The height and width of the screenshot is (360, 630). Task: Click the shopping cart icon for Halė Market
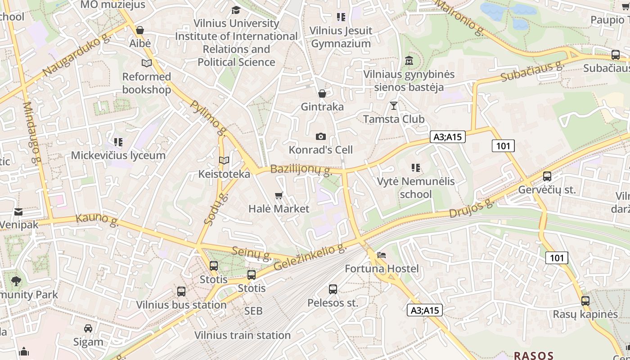[279, 195]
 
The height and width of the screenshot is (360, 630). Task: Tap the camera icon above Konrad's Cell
[321, 136]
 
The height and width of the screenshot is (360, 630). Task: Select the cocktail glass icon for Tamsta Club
[394, 106]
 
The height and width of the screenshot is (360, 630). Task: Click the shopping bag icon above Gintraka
[322, 94]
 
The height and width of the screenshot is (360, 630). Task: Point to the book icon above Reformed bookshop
[147, 63]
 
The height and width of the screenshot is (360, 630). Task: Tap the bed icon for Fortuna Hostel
[382, 255]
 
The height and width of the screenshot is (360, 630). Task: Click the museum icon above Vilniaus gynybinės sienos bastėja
[409, 61]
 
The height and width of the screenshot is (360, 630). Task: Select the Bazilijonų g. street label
[301, 170]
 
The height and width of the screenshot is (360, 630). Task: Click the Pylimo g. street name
[208, 118]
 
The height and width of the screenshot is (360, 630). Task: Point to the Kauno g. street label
[97, 219]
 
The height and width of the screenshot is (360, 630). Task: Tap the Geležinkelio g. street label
[310, 257]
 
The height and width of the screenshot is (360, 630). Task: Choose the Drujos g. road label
[472, 209]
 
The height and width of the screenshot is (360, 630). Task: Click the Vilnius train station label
[243, 335]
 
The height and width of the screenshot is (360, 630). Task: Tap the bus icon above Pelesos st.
[333, 289]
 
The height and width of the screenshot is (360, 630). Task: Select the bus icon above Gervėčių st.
[547, 176]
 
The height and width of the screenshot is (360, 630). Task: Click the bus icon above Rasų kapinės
[585, 301]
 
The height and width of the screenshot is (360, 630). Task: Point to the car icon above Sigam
[88, 328]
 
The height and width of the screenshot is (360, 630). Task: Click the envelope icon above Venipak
[18, 211]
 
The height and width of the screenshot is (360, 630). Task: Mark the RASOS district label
[533, 355]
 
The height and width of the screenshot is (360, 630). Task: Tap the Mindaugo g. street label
[32, 133]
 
